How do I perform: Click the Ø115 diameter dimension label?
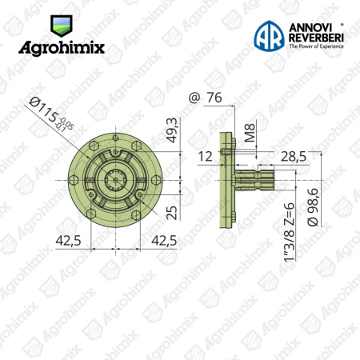[x=50, y=115]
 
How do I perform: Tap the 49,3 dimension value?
[x=173, y=130]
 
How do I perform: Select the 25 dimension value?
[x=172, y=213]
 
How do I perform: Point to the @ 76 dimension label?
[x=205, y=98]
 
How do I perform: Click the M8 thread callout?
[x=250, y=132]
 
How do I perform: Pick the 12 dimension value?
[x=206, y=157]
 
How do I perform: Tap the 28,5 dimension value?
[x=294, y=157]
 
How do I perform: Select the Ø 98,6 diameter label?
[x=313, y=207]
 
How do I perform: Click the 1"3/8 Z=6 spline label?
[x=290, y=232]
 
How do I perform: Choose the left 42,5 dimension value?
[x=68, y=241]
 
